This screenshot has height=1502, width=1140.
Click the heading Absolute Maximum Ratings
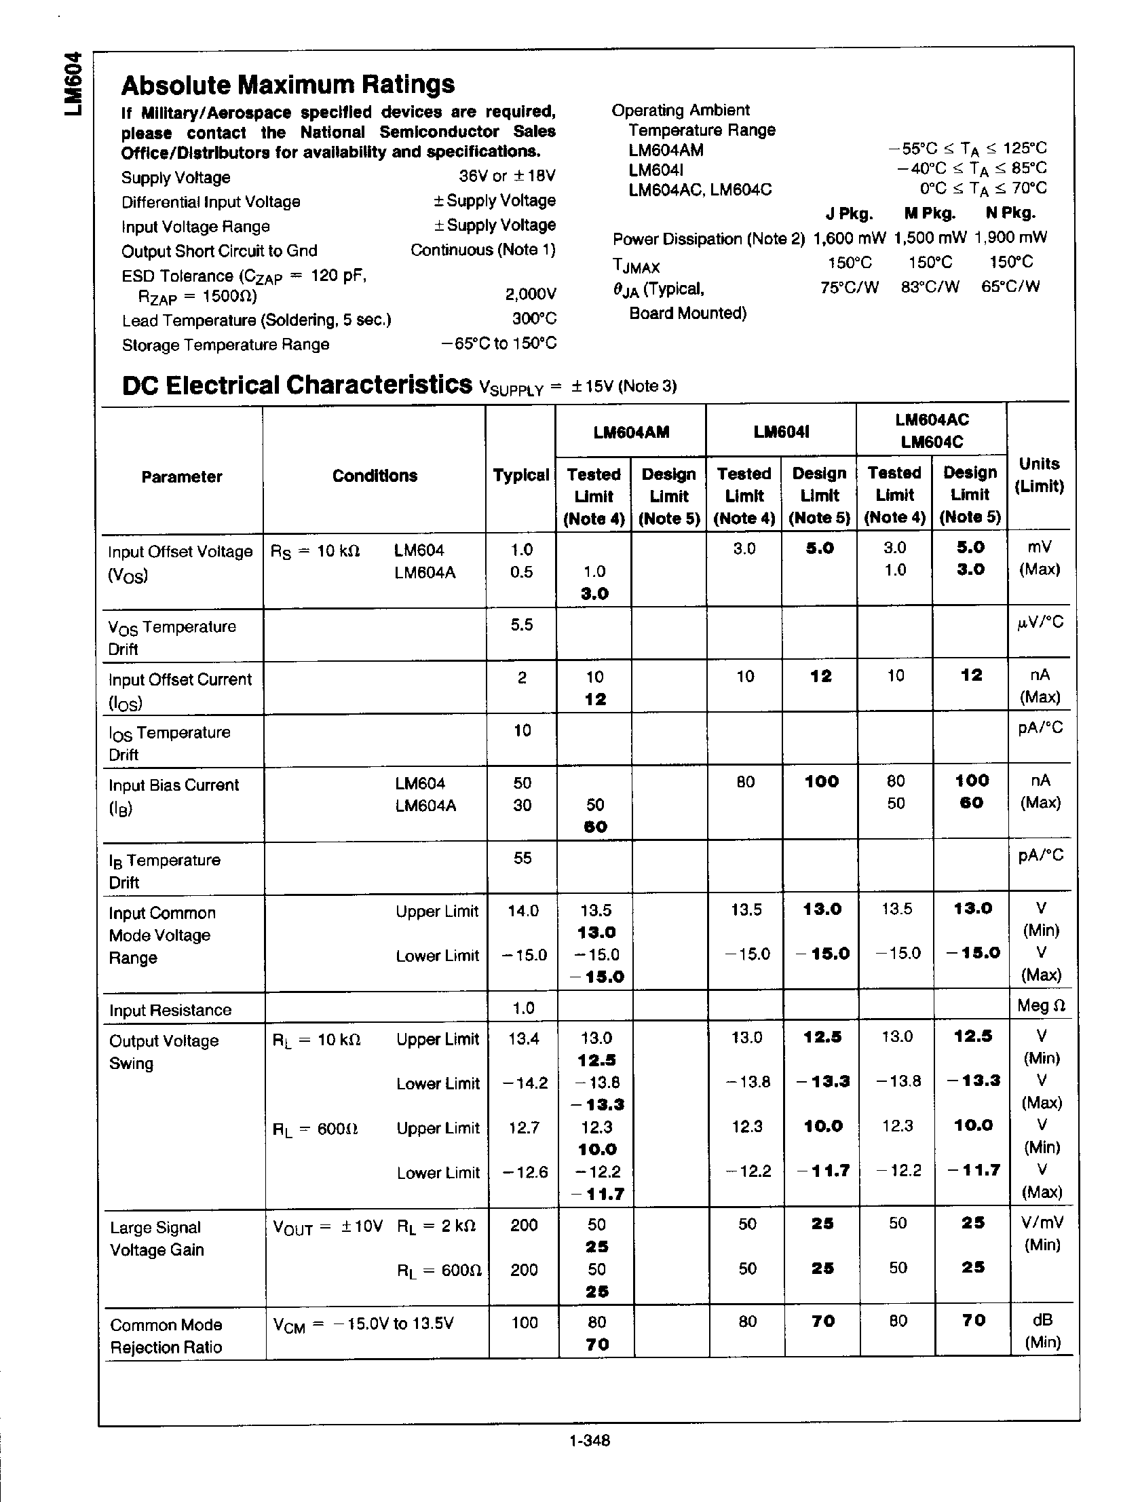click(288, 85)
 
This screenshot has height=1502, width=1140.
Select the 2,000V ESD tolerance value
click(530, 294)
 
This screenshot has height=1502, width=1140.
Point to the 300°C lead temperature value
click(534, 318)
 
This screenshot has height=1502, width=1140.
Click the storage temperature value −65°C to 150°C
click(499, 343)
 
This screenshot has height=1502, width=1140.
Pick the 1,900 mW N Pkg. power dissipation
click(1010, 238)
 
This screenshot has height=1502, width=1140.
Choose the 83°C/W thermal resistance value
click(930, 287)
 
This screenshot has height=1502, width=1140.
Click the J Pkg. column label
click(849, 214)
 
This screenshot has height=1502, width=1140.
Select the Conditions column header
click(375, 476)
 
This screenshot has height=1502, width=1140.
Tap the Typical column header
click(520, 475)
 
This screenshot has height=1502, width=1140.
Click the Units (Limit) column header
click(1039, 474)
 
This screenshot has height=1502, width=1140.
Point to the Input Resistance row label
click(170, 1011)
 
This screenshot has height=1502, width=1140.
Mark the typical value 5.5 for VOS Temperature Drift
click(521, 624)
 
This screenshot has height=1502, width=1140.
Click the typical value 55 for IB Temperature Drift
click(522, 859)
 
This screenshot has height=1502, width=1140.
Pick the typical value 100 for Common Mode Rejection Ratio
click(524, 1322)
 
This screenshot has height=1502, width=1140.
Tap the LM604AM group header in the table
click(631, 432)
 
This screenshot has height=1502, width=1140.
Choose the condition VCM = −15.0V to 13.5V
click(362, 1323)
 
